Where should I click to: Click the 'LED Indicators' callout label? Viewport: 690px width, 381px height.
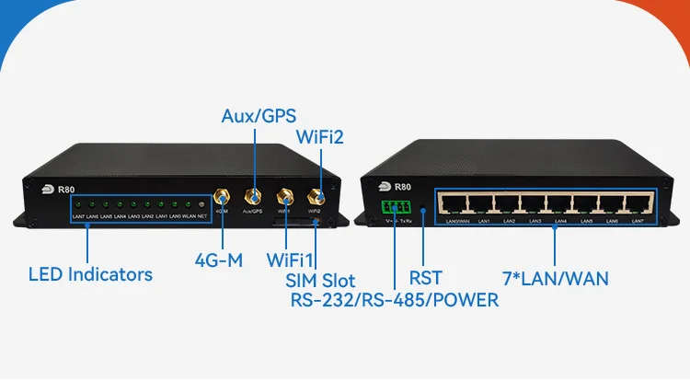click(x=90, y=273)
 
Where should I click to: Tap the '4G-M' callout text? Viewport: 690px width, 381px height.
click(x=219, y=260)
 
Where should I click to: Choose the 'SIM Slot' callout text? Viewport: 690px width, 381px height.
click(x=320, y=280)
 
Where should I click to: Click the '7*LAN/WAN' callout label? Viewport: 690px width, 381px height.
click(x=557, y=276)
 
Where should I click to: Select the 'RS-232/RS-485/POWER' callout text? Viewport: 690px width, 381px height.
click(x=395, y=300)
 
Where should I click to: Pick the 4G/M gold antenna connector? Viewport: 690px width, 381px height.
click(x=222, y=198)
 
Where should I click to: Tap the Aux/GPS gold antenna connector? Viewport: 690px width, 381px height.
click(x=251, y=197)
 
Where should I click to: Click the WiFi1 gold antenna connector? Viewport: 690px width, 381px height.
click(x=285, y=197)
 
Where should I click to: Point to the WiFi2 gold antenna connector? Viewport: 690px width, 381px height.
click(x=315, y=196)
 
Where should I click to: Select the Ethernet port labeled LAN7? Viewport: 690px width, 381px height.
click(x=637, y=204)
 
